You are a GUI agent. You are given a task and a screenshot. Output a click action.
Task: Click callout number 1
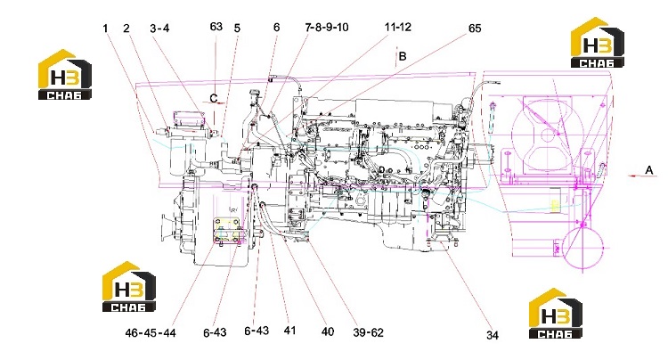105,29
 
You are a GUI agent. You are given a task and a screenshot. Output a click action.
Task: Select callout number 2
126,29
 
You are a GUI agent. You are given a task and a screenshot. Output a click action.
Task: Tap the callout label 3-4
159,29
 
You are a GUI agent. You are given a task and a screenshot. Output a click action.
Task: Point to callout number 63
216,27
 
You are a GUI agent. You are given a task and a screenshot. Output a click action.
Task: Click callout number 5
237,29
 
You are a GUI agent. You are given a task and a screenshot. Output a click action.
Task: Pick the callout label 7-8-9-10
327,28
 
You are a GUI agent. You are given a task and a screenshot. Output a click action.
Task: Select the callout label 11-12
398,28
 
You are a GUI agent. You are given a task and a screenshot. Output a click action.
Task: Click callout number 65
475,29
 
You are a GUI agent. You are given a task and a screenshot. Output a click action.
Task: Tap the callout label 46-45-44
151,332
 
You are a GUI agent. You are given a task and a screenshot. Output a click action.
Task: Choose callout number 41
289,331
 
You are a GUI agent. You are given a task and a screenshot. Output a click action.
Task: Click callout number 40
327,331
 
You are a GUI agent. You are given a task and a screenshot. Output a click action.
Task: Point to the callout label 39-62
368,332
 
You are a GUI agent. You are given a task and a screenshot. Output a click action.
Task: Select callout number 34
492,336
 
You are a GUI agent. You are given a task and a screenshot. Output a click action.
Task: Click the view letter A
648,170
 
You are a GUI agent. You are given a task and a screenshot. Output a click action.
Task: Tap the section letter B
403,56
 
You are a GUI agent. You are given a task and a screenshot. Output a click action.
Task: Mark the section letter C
214,98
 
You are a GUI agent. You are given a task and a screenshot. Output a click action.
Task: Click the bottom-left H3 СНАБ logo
128,286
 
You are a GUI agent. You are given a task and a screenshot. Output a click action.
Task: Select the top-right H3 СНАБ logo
598,43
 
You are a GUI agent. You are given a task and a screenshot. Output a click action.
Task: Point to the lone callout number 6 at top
276,28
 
